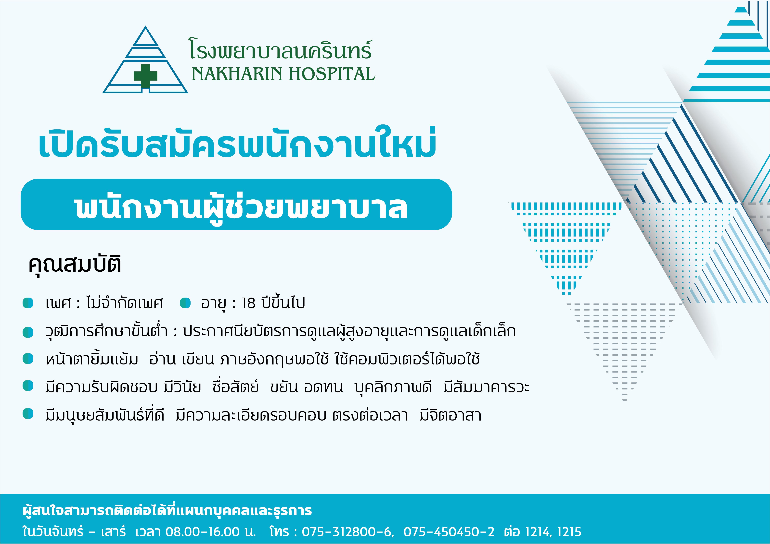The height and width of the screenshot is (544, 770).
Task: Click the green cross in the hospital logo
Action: tap(146, 76)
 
